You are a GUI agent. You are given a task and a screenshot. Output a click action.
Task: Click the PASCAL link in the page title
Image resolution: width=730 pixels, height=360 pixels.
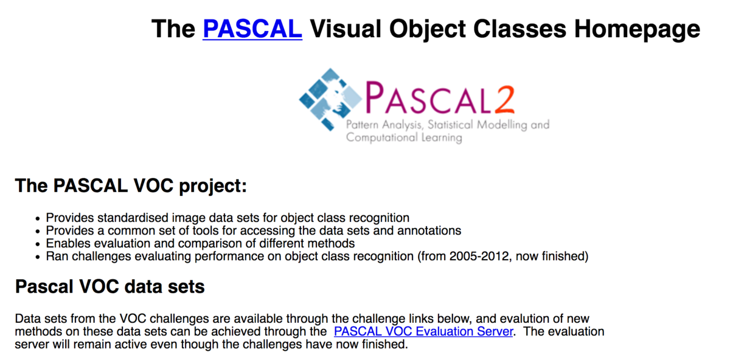pyautogui.click(x=252, y=29)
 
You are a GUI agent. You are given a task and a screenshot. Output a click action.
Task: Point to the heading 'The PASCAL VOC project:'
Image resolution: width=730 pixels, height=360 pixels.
pyautogui.click(x=131, y=186)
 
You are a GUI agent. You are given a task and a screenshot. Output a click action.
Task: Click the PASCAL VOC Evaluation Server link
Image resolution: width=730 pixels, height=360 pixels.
pyautogui.click(x=423, y=332)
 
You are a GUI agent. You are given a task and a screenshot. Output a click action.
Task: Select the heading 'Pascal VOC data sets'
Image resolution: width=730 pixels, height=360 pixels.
pyautogui.click(x=109, y=286)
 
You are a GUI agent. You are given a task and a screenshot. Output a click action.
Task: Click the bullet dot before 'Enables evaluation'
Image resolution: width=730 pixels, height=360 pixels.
pyautogui.click(x=37, y=244)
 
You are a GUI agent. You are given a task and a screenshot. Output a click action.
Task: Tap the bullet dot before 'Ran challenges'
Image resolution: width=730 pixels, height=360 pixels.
pyautogui.click(x=37, y=257)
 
